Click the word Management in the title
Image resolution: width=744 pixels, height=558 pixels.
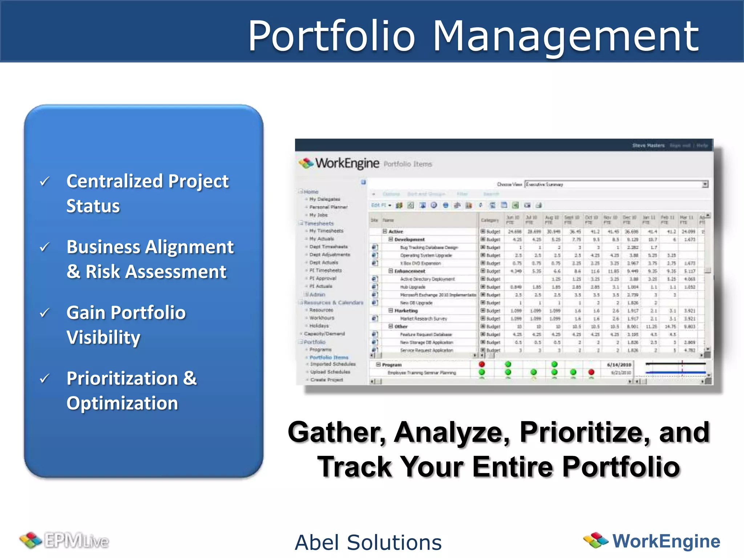coord(565,36)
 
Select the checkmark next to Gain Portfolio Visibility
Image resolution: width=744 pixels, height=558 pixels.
coord(44,312)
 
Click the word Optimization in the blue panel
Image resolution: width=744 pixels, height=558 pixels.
coord(122,403)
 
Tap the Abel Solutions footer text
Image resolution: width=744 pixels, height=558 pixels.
coord(368,542)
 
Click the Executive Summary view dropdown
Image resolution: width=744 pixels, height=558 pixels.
coord(616,185)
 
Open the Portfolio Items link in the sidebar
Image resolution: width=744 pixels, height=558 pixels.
coord(329,357)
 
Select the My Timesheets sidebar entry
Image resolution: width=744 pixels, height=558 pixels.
coord(326,231)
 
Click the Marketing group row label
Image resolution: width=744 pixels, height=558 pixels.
coord(406,311)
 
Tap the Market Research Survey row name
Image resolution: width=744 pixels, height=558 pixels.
coord(423,319)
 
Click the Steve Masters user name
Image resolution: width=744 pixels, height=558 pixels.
coord(648,145)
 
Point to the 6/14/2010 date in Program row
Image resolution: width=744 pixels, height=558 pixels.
coord(619,365)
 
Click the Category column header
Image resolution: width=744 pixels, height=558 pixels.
coord(489,220)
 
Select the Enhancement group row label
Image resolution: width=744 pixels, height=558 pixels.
coord(409,271)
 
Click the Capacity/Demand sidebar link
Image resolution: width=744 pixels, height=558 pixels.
coord(324,333)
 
